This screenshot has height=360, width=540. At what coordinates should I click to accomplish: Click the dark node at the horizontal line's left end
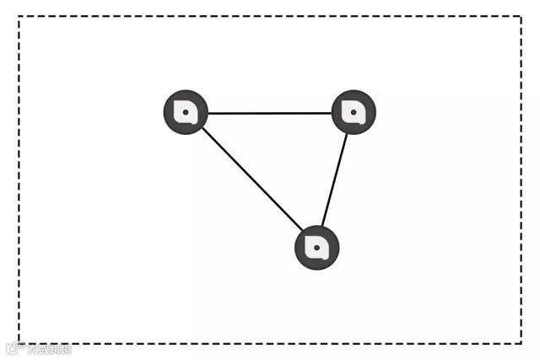185,111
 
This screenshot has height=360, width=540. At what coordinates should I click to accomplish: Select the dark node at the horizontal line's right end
354,111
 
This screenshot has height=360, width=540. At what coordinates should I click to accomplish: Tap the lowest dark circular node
316,248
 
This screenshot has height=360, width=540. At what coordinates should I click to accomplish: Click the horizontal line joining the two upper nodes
269,112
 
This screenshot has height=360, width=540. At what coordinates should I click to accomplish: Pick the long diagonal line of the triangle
251,179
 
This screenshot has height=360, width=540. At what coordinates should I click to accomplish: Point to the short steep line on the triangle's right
335,180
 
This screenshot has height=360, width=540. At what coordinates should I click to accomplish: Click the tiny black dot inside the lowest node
316,248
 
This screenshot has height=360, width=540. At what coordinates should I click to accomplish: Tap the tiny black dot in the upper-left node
185,111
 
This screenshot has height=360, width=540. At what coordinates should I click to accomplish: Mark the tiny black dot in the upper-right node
354,111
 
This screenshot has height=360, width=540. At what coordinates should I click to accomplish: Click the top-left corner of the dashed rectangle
19,17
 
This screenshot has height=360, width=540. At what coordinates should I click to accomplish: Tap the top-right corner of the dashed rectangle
521,17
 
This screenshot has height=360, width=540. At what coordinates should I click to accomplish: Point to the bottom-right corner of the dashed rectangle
521,342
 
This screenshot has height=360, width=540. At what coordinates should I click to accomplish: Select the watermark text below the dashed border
40,349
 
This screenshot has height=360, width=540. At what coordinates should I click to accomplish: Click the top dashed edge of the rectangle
270,17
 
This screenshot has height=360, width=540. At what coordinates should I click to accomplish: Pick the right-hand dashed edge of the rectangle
521,180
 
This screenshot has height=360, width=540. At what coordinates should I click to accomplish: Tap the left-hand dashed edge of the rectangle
19,180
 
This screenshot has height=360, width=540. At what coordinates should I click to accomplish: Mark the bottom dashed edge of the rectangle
270,342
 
